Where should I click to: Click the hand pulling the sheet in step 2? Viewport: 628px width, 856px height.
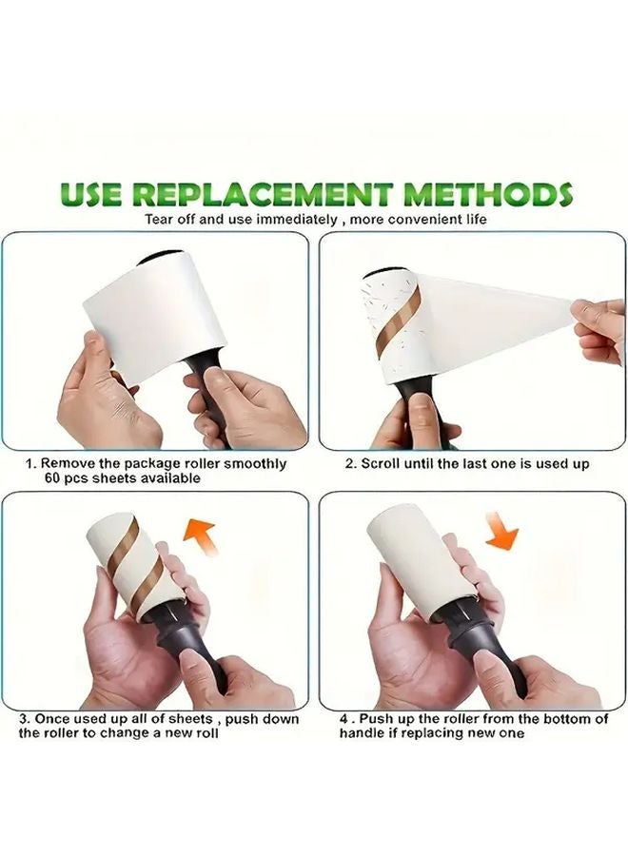pos(599,328)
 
